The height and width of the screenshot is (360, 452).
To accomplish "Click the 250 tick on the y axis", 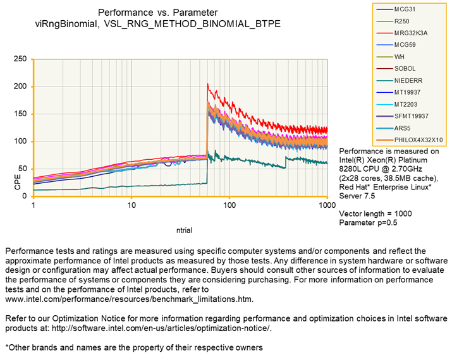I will tap(20, 59).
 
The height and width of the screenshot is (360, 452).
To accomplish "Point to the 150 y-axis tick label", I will tap(20, 114).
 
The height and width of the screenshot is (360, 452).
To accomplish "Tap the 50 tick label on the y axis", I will tap(23, 169).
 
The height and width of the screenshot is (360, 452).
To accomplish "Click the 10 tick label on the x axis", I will tap(131, 206).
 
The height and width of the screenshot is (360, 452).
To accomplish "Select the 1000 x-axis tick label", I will tap(326, 206).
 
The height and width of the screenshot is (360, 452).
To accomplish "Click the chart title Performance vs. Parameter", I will tap(158, 12).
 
